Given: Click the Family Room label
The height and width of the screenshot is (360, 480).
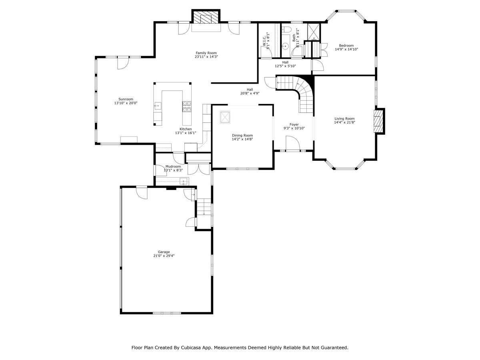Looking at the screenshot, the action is tap(206, 53).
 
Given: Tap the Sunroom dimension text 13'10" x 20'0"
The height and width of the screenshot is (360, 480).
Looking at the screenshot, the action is tap(126, 103).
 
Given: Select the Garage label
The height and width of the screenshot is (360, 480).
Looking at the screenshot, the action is tap(164, 252).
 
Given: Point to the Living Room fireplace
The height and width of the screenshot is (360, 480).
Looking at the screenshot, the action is tap(378, 121).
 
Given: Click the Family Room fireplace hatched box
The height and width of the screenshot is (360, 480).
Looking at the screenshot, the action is tap(206, 17).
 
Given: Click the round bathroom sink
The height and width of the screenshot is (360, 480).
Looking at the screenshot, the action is tap(285, 46).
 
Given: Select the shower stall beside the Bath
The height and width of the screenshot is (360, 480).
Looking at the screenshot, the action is tap(314, 32).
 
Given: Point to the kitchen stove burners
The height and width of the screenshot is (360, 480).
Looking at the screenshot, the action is tap(187, 106).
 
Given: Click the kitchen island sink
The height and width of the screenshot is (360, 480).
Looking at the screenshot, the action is tap(158, 106).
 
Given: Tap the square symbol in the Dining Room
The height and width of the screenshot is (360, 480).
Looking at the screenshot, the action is tap(225, 117).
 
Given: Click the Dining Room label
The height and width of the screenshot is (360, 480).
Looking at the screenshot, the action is tap(242, 135).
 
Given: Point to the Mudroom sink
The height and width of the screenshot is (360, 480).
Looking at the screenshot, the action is tap(183, 182).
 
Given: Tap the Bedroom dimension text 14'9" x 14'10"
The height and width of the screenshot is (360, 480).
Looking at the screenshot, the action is tap(346, 49).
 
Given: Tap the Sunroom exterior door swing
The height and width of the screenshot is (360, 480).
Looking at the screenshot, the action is tap(123, 63).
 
